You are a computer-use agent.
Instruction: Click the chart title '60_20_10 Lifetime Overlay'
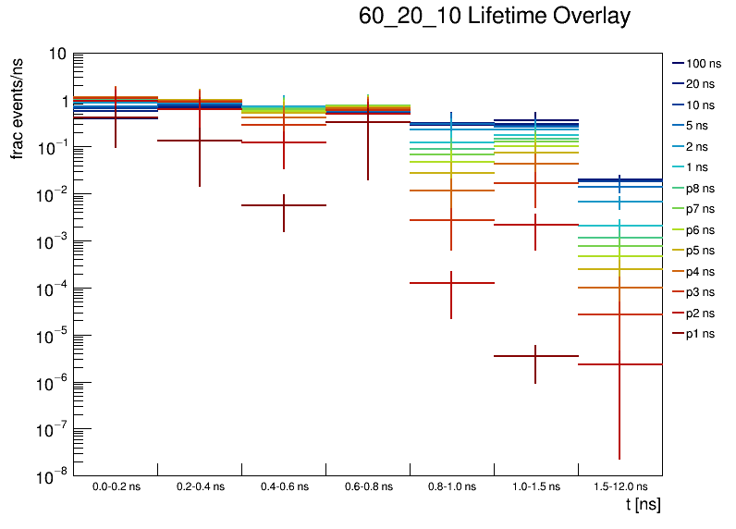[x=495, y=17]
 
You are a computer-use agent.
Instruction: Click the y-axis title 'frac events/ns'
[x=18, y=107]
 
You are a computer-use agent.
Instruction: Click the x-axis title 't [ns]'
[x=643, y=505]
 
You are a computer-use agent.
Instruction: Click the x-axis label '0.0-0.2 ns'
[x=115, y=486]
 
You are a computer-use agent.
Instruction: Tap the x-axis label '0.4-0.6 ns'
[x=283, y=486]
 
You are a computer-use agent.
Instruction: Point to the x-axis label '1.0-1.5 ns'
[x=535, y=486]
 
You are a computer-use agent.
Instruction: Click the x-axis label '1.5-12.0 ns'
[x=619, y=486]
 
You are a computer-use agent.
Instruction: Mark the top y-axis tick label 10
[x=55, y=55]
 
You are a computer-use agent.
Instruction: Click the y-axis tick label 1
[x=60, y=102]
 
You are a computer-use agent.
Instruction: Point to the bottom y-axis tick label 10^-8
[x=51, y=476]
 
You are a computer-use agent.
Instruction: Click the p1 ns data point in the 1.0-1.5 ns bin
[x=535, y=356]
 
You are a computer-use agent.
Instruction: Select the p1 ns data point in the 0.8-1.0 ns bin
[x=451, y=283]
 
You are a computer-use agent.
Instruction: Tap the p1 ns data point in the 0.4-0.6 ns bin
[x=283, y=205]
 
